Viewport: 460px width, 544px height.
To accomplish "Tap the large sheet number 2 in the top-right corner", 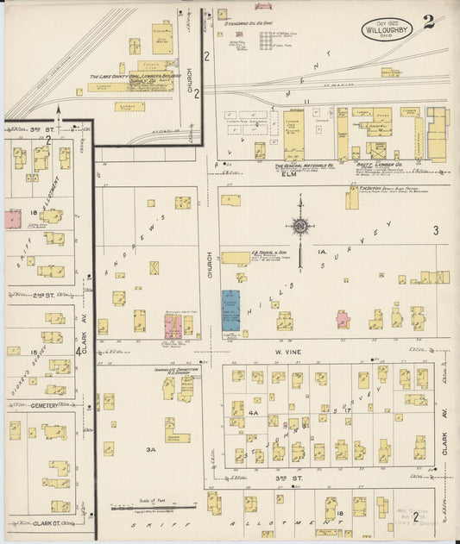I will tap(429, 22).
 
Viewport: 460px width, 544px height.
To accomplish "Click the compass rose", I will tap(301, 226).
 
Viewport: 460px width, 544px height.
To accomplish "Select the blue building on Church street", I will tap(230, 310).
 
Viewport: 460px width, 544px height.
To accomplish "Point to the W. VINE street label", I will tap(286, 352).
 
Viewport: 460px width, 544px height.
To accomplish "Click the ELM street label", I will tap(289, 173).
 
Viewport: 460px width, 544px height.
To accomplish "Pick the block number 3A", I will tap(151, 449).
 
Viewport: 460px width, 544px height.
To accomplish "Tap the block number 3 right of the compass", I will tap(436, 230).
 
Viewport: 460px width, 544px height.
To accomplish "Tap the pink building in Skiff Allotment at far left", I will tap(13, 218).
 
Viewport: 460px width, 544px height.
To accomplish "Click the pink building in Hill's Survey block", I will tap(343, 319).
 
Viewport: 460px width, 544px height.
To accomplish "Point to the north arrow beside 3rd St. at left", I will tap(58, 110).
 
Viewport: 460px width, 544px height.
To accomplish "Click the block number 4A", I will tap(254, 413).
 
